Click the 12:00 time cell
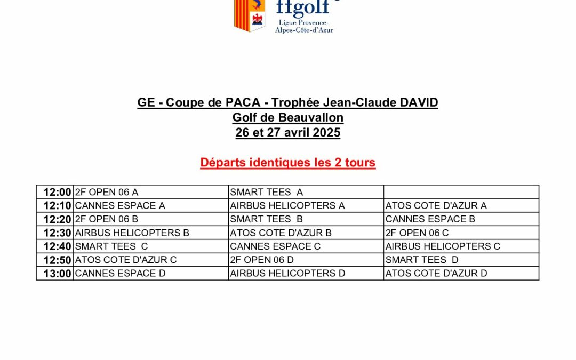[x=57, y=192]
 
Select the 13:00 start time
[x=57, y=274]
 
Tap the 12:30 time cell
[x=57, y=233]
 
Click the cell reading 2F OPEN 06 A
[x=107, y=192]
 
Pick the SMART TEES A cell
[x=266, y=192]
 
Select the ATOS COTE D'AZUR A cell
[x=436, y=206]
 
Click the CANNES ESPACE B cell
[x=430, y=219]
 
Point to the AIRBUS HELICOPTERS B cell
[x=132, y=233]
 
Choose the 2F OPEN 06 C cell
[x=417, y=233]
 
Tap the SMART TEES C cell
[x=111, y=246]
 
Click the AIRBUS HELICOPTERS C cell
[x=443, y=246]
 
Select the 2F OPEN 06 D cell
[x=262, y=260]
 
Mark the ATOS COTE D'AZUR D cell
[x=436, y=274]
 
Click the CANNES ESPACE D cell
[x=120, y=274]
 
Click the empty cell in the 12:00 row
[x=461, y=192]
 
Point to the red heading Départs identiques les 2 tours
[x=288, y=163]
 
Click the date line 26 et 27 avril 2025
[x=288, y=133]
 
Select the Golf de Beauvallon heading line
[x=288, y=117]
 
